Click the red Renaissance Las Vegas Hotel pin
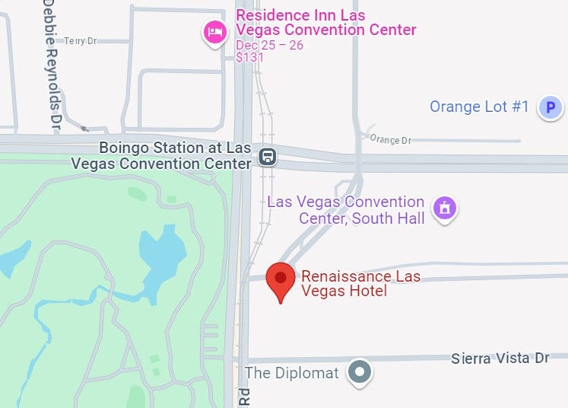[x=281, y=279]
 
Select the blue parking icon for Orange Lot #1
[x=549, y=108]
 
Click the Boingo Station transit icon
[x=267, y=158]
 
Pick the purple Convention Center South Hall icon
[x=444, y=207]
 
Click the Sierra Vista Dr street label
[x=500, y=358]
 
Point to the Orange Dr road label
[x=389, y=140]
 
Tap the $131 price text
[x=249, y=57]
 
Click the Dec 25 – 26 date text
[x=269, y=45]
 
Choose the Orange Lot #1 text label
[x=479, y=107]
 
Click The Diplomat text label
[x=292, y=373]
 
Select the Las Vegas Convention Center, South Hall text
[x=346, y=210]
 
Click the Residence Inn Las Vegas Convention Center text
[x=325, y=23]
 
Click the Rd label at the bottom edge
[x=244, y=397]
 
